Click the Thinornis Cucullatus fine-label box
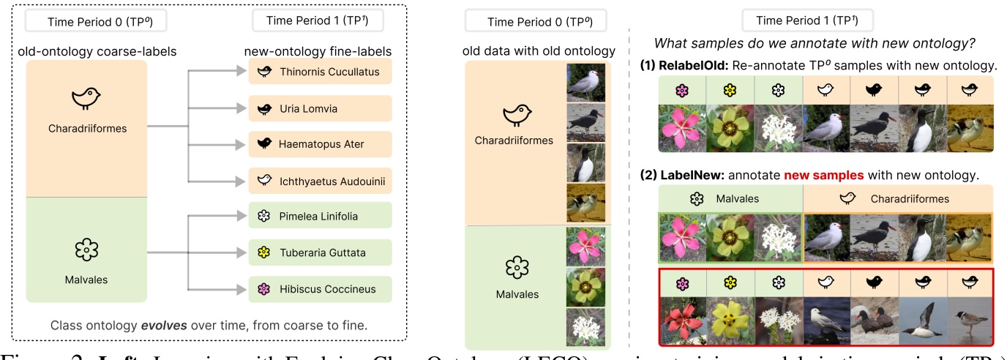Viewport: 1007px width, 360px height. click(320, 72)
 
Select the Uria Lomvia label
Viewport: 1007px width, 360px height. click(320, 108)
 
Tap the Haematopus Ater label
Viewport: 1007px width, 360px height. click(320, 144)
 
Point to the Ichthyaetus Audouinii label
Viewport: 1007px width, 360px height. click(320, 180)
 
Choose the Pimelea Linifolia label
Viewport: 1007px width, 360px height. click(320, 217)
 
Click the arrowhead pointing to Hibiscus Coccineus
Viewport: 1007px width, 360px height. click(242, 288)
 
